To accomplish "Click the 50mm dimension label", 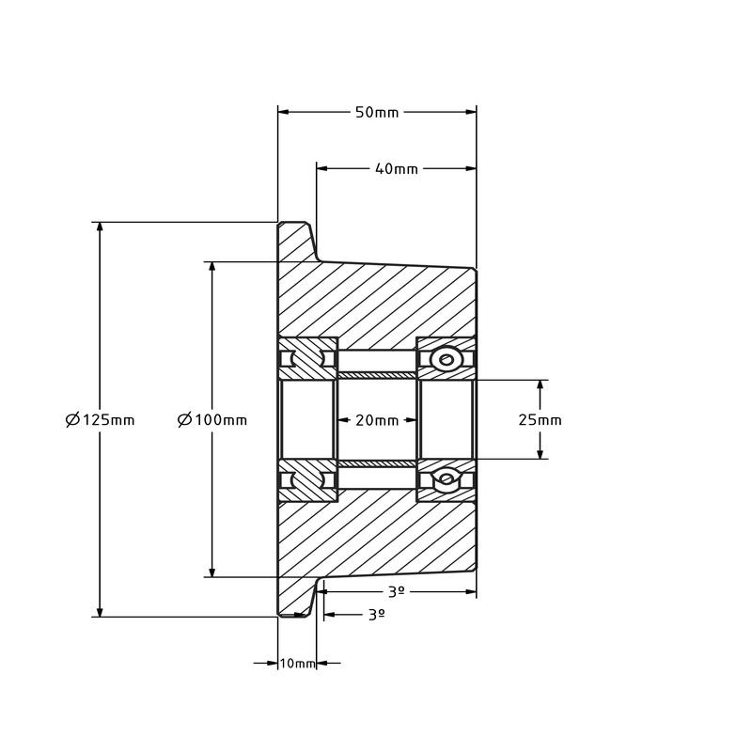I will click(377, 113).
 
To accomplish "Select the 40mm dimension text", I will click(396, 169).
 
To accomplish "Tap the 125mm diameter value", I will click(108, 420).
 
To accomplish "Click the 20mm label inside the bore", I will click(376, 420).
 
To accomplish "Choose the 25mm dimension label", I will click(540, 420).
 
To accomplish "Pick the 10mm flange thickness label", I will click(298, 664).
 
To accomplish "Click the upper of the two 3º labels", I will click(396, 591).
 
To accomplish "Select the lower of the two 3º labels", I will click(376, 614).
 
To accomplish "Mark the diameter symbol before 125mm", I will click(72, 420).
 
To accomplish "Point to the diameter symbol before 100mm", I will click(185, 420).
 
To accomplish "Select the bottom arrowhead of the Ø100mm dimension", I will click(212, 571).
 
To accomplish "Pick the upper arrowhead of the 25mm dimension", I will click(540, 386).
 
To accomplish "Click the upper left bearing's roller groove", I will click(308, 359).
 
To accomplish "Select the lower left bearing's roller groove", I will click(308, 480).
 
